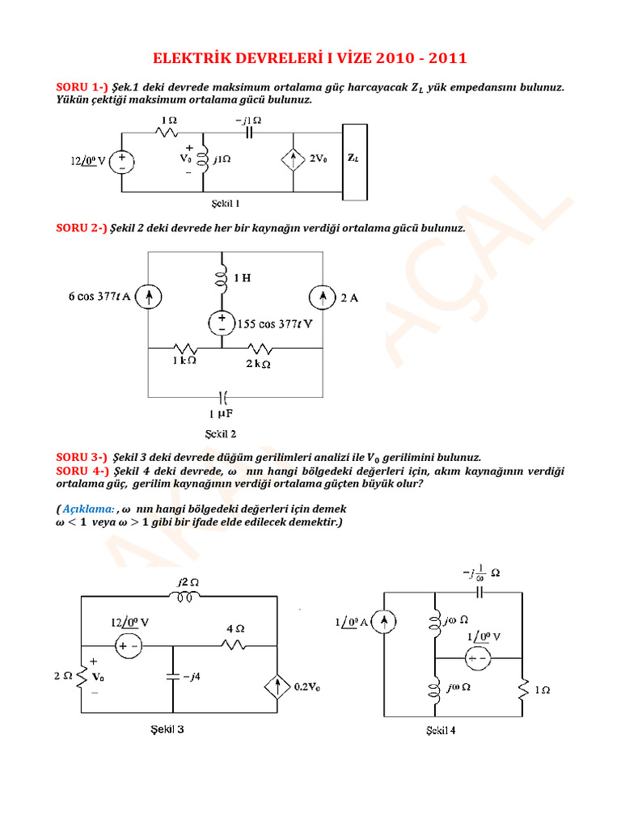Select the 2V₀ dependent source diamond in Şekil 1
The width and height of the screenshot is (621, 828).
[293, 160]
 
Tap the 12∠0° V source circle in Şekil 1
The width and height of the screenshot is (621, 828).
[122, 160]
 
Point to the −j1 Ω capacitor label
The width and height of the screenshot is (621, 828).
[247, 120]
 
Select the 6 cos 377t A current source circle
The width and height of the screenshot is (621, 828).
[149, 298]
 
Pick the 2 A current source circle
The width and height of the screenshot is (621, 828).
[323, 298]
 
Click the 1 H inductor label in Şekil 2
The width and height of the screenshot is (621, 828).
[242, 278]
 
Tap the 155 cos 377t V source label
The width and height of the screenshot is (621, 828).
[275, 324]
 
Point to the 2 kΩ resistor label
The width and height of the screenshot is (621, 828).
[259, 363]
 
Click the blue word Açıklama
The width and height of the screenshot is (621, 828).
[87, 509]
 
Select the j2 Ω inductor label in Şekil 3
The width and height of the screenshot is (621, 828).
[188, 582]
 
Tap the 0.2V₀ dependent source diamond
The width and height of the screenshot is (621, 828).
[277, 688]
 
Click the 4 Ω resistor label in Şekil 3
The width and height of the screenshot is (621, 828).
[234, 627]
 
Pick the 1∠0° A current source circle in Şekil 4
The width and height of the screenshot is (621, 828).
[386, 622]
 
